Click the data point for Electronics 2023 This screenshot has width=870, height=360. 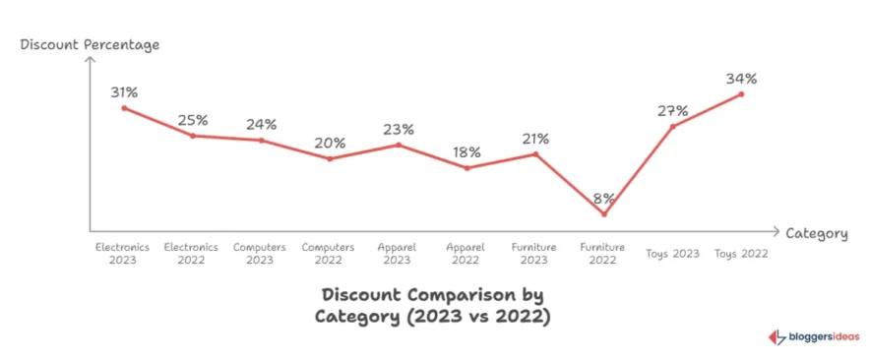pos(124,107)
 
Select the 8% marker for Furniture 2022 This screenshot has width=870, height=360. pos(604,213)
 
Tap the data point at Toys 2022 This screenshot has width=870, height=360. pos(741,93)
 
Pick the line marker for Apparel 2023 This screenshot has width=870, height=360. pos(399,145)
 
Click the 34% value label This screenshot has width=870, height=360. pos(741,77)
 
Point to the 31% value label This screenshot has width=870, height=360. pos(124,91)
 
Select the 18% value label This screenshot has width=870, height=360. pos(466,152)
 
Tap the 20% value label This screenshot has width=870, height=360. pos(330,143)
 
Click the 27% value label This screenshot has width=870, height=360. pos(672,110)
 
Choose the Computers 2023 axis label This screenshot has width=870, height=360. pos(260,253)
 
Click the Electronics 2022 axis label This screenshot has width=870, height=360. pos(191,253)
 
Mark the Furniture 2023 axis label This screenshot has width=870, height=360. pos(534,253)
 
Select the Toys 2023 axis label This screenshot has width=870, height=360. pos(673,253)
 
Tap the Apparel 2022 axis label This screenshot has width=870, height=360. pos(466,253)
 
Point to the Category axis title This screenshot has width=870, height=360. pos(816,233)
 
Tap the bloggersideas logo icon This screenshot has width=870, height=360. pos(777,336)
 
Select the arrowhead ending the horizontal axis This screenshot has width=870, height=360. pos(777,229)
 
